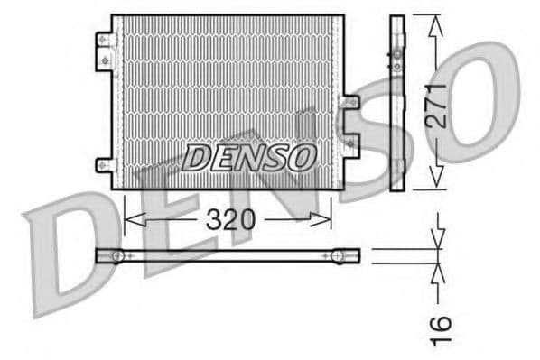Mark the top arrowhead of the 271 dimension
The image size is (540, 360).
(x=436, y=23)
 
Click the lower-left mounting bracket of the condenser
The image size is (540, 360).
(x=105, y=168)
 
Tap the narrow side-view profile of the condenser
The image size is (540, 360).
(x=396, y=101)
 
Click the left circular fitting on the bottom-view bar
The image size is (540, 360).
(x=117, y=256)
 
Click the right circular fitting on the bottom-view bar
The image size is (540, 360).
(x=340, y=256)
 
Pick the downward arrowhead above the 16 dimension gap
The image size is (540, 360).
(x=440, y=242)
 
